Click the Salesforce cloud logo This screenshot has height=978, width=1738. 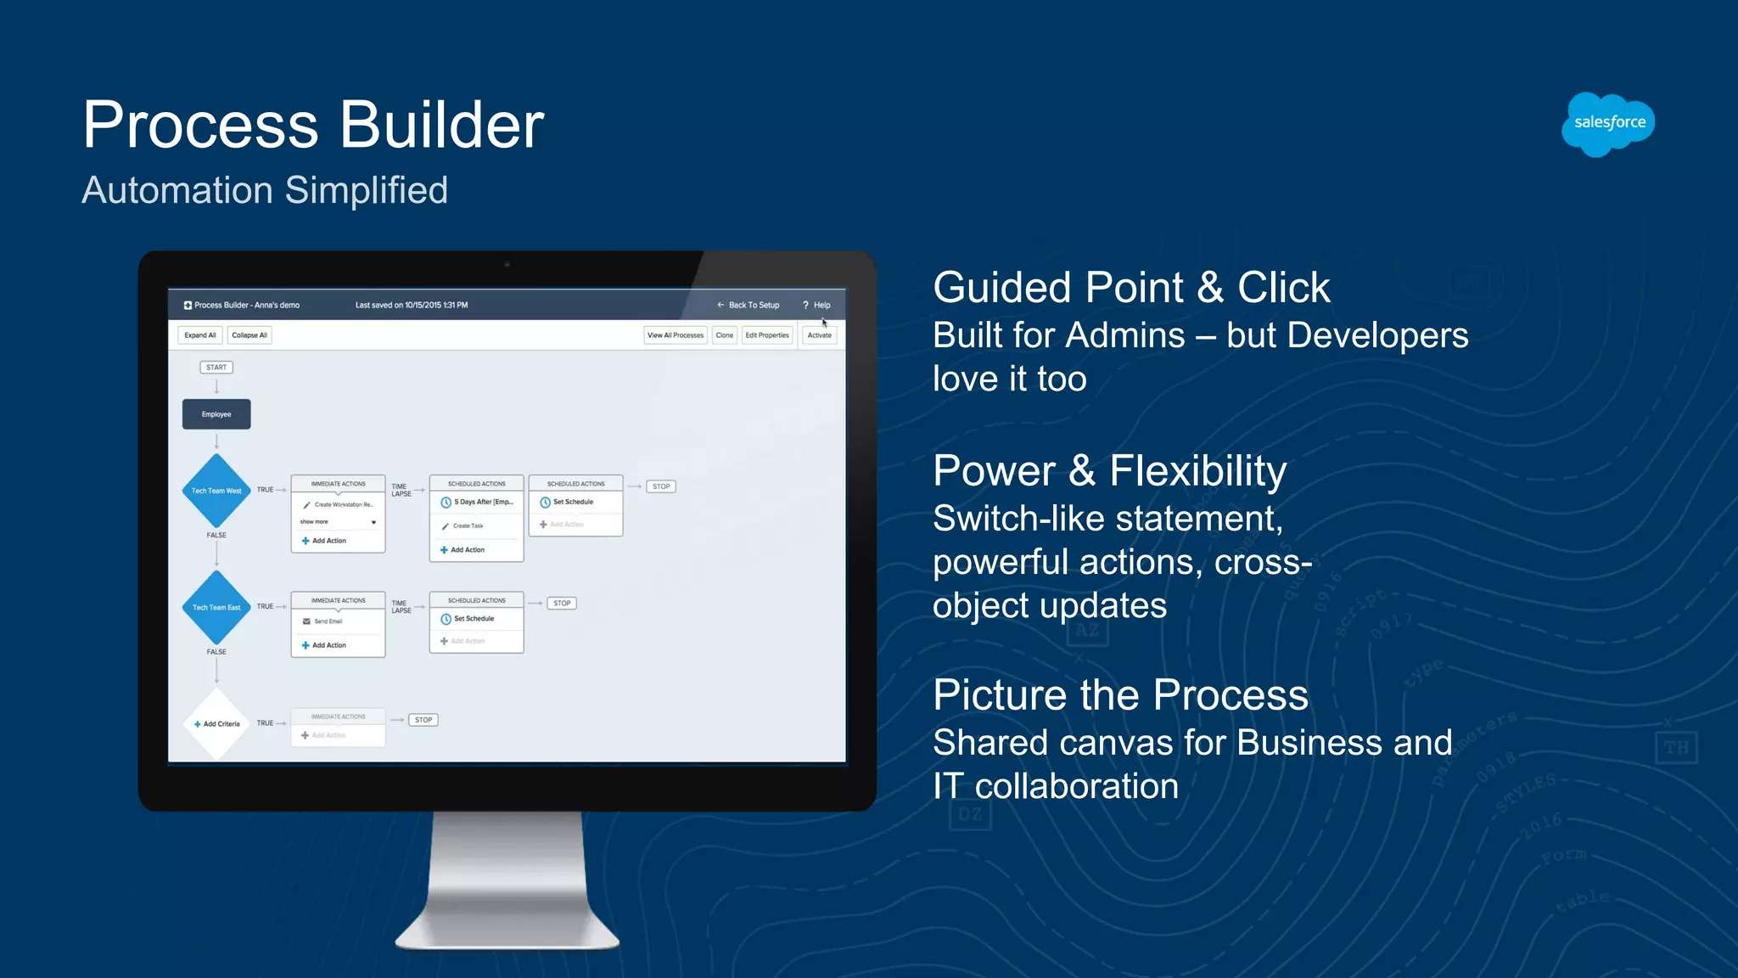coord(1608,124)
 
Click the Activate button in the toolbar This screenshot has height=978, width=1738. coord(819,335)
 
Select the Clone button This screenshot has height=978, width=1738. coord(724,335)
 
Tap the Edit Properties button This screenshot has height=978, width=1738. coord(767,335)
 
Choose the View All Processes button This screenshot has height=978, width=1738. coord(676,335)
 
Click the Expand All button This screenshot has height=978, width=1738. coord(200,335)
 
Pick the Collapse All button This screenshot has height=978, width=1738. coord(249,335)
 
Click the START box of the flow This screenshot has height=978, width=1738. coord(216,368)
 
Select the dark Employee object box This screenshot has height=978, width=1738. coord(216,414)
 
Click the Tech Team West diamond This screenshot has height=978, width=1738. coord(216,491)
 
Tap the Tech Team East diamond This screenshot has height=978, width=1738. coord(216,607)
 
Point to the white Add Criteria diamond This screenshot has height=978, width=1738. coord(216,724)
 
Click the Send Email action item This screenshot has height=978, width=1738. coord(328,621)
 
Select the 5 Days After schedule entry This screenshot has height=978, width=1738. coord(482,502)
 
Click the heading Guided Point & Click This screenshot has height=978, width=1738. coord(1131,288)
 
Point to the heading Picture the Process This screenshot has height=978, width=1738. coord(1120,695)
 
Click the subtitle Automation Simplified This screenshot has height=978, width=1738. coord(265,190)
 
